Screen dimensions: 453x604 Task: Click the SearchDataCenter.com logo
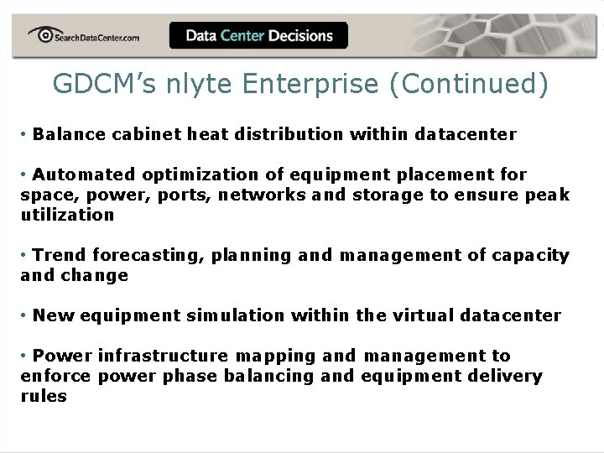pos(84,36)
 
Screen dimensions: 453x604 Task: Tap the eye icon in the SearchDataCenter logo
pos(41,34)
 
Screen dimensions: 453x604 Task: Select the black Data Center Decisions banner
pos(258,36)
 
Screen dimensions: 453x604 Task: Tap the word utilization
pos(67,215)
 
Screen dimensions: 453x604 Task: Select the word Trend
pos(59,255)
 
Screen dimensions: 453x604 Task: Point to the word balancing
pos(271,376)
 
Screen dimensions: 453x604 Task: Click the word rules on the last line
pos(43,396)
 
